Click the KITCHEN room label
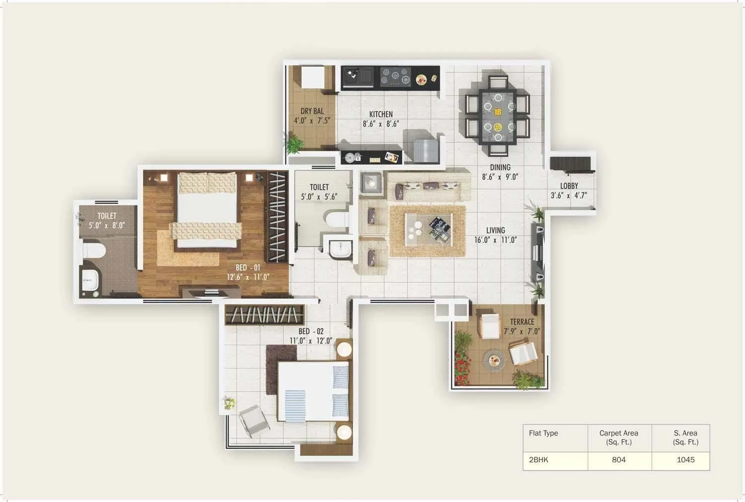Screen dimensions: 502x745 click(x=381, y=114)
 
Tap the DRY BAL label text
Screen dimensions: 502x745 click(x=312, y=111)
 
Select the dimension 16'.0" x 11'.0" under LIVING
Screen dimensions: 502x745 click(x=495, y=240)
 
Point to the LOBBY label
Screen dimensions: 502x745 click(x=569, y=186)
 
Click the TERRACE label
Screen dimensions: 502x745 click(x=522, y=322)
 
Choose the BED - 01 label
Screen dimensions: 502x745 click(x=248, y=267)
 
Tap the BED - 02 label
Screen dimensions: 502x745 click(x=311, y=332)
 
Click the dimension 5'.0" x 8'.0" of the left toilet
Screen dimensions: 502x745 click(x=107, y=226)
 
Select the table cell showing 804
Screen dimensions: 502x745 click(x=619, y=460)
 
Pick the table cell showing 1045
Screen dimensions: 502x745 click(x=685, y=460)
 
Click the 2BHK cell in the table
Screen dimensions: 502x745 click(x=539, y=460)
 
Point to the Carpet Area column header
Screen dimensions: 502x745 click(x=619, y=437)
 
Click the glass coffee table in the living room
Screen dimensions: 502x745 click(x=428, y=230)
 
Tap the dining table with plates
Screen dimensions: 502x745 click(x=498, y=116)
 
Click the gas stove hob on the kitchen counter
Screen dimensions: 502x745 click(x=395, y=77)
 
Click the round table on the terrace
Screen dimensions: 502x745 click(x=494, y=360)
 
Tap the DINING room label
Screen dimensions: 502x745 click(x=500, y=167)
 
